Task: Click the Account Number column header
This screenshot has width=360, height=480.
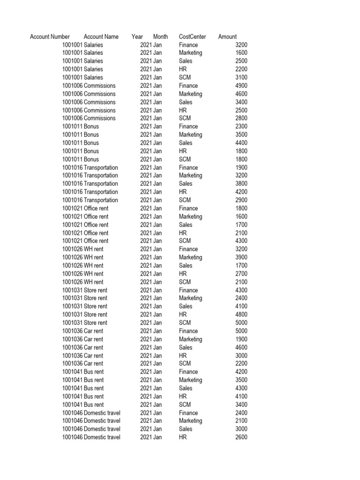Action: (50, 37)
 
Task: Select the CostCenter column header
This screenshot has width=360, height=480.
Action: (192, 37)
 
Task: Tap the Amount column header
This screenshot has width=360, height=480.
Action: (227, 37)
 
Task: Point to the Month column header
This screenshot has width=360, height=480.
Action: (160, 37)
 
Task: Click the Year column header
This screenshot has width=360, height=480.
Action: (137, 37)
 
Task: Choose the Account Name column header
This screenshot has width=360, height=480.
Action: (101, 37)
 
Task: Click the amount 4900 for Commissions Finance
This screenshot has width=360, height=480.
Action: (241, 86)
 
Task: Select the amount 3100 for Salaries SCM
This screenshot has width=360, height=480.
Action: (241, 77)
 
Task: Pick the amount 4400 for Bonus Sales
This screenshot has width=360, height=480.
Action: (241, 143)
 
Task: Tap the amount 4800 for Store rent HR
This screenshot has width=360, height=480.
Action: (241, 315)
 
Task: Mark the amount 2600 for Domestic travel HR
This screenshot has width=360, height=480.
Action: (241, 437)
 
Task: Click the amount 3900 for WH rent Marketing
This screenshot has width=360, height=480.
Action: (241, 257)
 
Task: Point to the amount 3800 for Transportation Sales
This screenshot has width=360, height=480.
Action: (241, 184)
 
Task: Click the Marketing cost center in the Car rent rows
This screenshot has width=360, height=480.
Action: (190, 339)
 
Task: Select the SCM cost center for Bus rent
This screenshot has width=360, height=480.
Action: (185, 405)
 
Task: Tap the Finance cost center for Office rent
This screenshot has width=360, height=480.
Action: (188, 208)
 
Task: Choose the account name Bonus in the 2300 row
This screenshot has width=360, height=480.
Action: (91, 127)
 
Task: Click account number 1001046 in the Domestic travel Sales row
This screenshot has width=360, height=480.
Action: (72, 429)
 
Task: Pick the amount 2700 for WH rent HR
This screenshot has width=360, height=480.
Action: (241, 274)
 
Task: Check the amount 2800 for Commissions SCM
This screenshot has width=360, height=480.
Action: (241, 118)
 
